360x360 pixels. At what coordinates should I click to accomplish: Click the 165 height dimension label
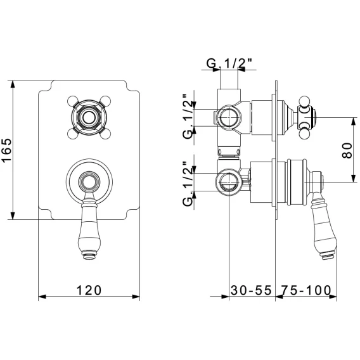(6, 150)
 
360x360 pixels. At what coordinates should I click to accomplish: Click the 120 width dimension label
(89, 290)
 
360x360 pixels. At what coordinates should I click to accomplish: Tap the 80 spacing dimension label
(347, 150)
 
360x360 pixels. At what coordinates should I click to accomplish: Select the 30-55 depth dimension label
(251, 290)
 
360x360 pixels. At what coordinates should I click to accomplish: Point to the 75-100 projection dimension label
(307, 290)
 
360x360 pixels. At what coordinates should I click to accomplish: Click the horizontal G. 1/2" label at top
(229, 63)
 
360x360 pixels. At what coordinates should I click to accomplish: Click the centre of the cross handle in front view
(89, 117)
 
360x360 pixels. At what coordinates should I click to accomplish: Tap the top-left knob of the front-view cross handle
(72, 101)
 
